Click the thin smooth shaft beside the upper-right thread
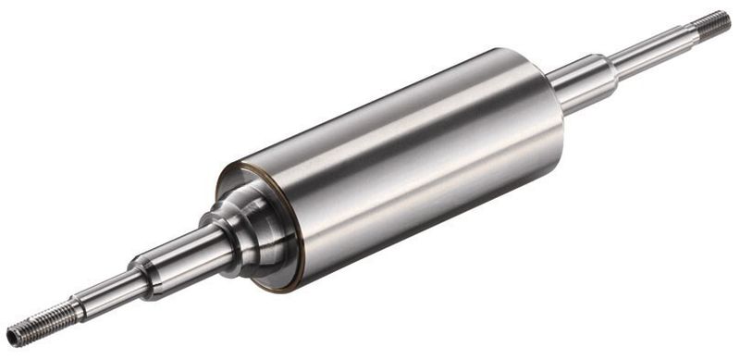(x=652, y=51)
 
